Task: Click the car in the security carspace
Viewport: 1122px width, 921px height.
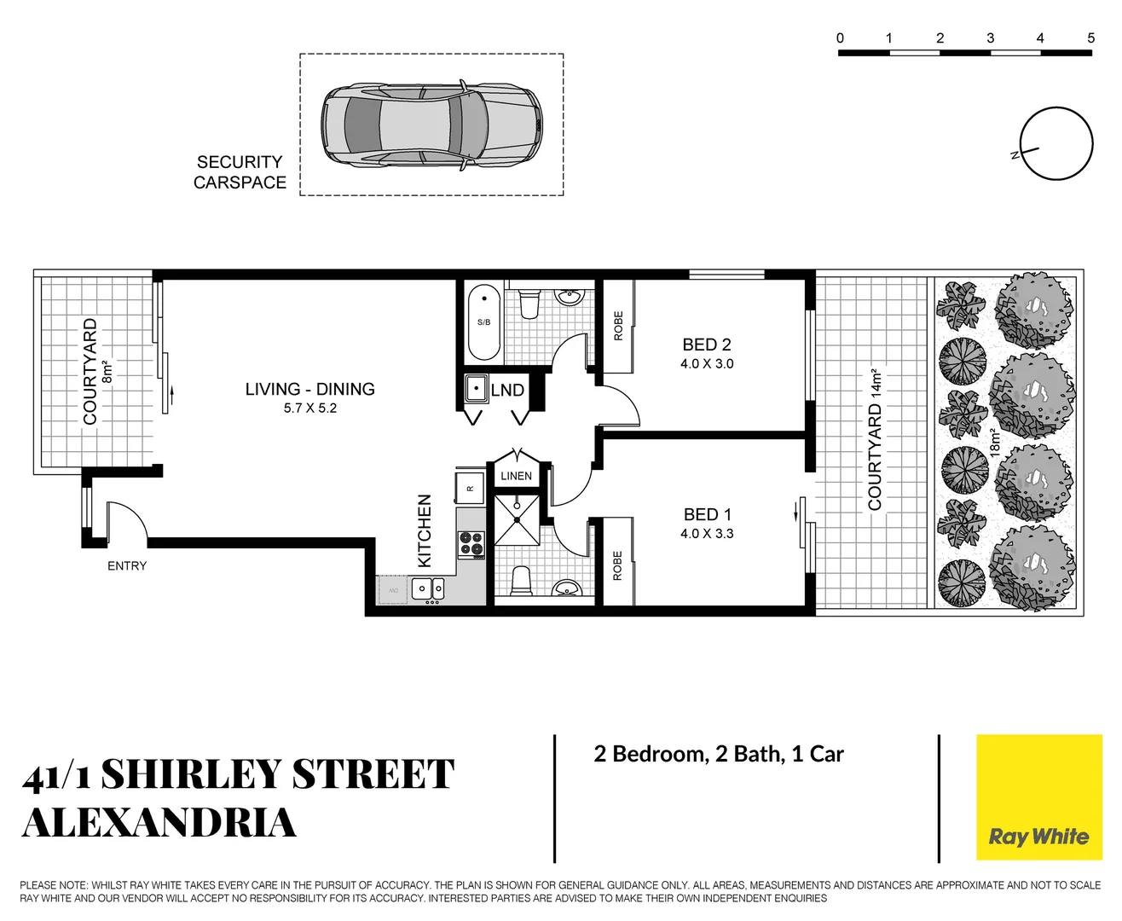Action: tap(431, 125)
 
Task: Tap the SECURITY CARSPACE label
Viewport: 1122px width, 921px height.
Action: tap(240, 172)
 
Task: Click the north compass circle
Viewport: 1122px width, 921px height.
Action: tap(1055, 144)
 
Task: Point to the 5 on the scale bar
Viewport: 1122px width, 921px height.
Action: tap(1090, 38)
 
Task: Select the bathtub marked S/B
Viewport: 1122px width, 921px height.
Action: tap(483, 322)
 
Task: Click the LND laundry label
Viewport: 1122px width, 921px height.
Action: tap(507, 391)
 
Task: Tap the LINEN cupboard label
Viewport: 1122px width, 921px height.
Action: tap(516, 476)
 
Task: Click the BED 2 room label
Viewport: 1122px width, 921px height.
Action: tap(706, 345)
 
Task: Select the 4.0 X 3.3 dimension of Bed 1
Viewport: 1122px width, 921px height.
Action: tap(706, 534)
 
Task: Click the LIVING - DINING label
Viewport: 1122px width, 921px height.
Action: tap(309, 389)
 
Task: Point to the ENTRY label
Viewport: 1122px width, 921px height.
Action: tap(127, 565)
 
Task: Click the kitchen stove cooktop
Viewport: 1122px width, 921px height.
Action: tap(471, 543)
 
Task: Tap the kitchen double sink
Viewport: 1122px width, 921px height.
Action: tap(428, 588)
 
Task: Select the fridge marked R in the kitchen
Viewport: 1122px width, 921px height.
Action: tap(470, 489)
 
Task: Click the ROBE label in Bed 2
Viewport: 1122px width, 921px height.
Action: tap(618, 326)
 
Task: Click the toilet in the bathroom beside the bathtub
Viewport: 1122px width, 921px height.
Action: tap(529, 304)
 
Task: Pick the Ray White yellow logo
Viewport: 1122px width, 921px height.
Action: tap(1038, 797)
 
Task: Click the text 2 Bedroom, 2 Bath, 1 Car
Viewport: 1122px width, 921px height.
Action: tap(719, 754)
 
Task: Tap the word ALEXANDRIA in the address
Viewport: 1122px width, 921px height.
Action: tap(159, 823)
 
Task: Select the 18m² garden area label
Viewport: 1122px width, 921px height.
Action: tap(995, 443)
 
